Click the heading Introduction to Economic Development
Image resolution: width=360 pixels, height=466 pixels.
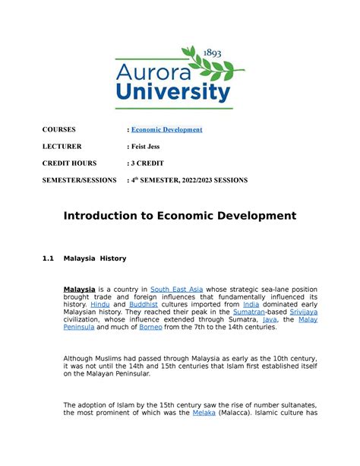pos(179,216)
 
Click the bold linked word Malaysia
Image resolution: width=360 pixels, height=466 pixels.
pos(79,290)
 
